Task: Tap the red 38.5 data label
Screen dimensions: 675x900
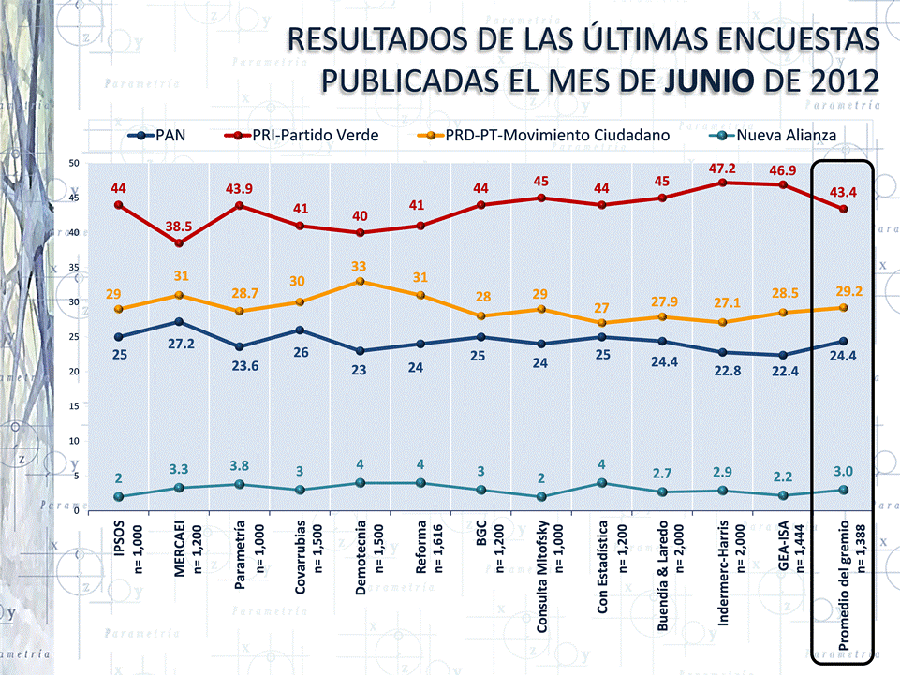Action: (178, 227)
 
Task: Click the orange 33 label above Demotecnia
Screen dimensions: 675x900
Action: (360, 266)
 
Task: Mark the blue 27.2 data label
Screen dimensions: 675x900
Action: (178, 345)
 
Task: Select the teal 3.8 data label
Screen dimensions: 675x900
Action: (241, 466)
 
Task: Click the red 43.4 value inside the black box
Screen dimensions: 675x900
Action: (845, 192)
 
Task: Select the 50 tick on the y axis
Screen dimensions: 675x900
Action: (74, 164)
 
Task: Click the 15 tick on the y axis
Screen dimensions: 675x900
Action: (74, 407)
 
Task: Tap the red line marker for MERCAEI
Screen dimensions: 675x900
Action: (179, 243)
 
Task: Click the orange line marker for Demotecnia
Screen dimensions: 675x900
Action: (361, 282)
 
